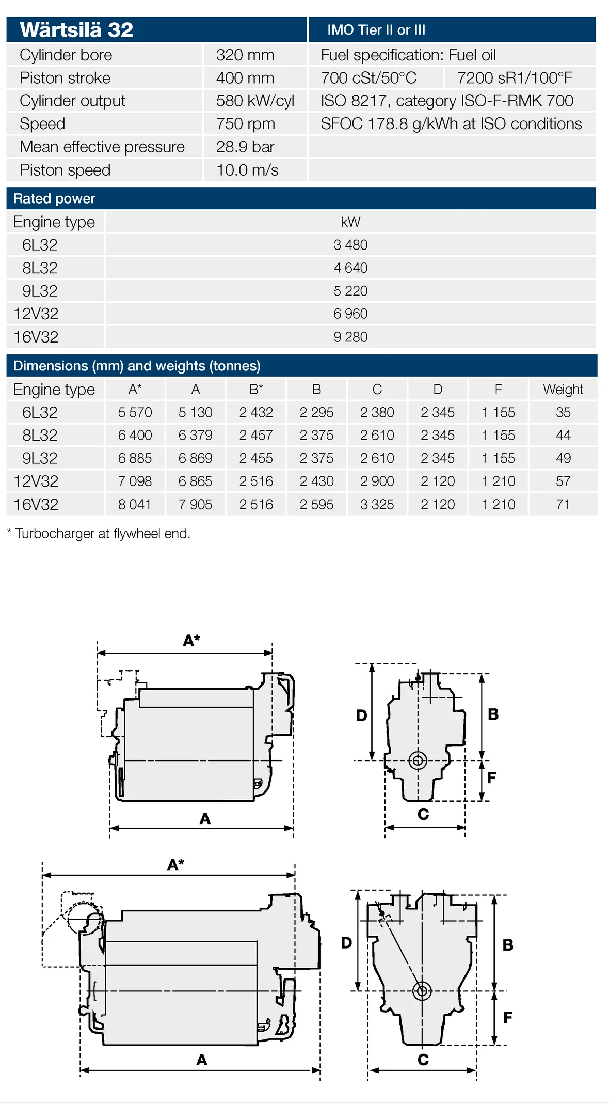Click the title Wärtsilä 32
click(76, 30)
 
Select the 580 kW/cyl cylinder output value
click(255, 101)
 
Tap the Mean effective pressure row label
click(102, 147)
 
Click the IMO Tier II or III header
click(376, 30)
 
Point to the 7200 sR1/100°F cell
click(515, 78)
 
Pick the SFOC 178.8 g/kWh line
click(451, 124)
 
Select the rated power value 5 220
click(350, 291)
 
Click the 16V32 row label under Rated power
click(36, 337)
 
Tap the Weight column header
click(563, 390)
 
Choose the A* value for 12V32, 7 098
click(135, 481)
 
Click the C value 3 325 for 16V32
click(377, 504)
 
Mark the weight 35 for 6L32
click(563, 412)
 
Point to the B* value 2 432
click(256, 412)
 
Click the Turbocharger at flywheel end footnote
click(99, 533)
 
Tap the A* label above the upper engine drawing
click(191, 641)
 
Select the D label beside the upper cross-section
click(361, 716)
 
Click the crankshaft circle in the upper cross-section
click(418, 760)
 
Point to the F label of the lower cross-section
click(508, 1018)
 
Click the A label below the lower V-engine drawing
click(202, 1060)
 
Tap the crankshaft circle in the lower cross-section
click(422, 990)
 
